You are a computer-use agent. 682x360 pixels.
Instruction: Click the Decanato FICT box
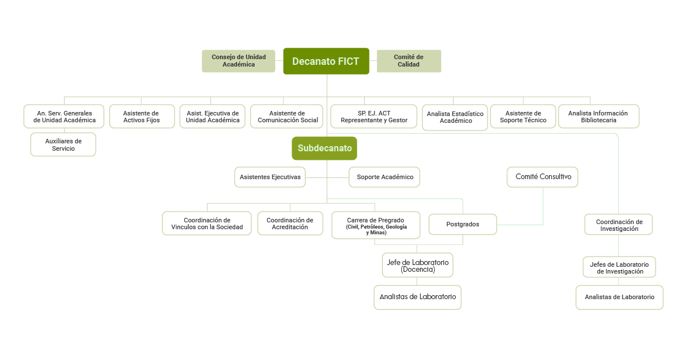coord(326,61)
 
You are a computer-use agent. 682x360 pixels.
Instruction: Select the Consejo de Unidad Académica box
coord(239,61)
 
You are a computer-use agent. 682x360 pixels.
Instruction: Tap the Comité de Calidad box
coord(409,61)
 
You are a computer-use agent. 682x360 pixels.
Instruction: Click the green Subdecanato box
coord(325,148)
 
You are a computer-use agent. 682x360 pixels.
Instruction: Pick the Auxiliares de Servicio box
coord(63,144)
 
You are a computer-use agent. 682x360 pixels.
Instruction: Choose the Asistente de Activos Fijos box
coord(142,117)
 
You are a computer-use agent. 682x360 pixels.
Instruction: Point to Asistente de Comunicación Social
coord(287,117)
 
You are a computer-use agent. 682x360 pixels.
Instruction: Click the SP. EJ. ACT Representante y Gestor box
coord(374,117)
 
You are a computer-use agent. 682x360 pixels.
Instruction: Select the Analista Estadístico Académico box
coord(455,117)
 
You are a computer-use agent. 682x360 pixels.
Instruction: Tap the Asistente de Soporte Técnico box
coord(523,117)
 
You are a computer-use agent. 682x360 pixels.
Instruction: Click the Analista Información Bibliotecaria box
coord(598,117)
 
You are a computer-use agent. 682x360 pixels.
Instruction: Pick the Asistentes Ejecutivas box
coord(270,177)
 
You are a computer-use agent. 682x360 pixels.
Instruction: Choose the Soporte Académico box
coord(385,177)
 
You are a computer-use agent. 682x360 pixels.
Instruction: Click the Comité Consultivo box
coord(543,177)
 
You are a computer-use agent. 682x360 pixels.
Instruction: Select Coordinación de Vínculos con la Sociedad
coord(207,224)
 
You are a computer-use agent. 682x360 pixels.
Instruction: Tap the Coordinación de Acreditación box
coord(290,224)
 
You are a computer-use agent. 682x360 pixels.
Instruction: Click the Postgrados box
coord(463,224)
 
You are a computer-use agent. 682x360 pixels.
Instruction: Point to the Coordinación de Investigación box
coord(619,225)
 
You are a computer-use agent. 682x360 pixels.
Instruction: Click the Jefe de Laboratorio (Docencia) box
coord(418,265)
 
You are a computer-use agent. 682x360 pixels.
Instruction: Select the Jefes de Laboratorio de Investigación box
coord(619,267)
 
